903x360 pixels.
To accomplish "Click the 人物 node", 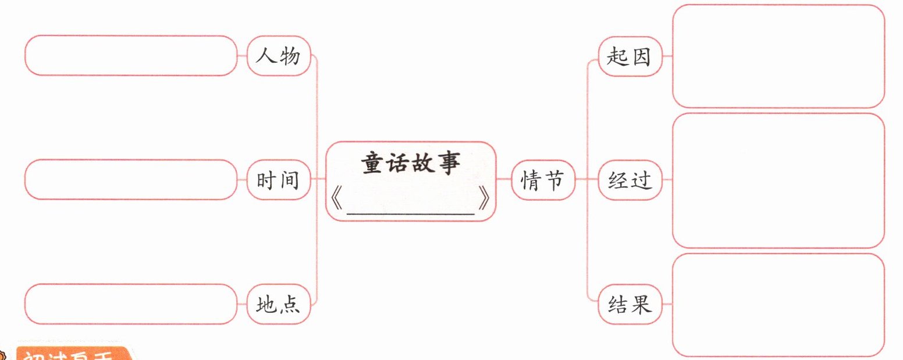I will [x=279, y=56].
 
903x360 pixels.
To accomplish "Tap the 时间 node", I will [x=279, y=180].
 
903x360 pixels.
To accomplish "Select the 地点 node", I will [x=279, y=304].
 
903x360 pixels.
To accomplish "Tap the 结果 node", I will [x=630, y=304].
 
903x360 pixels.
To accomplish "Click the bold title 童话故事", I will [x=411, y=164].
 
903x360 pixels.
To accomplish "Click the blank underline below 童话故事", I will [x=411, y=214].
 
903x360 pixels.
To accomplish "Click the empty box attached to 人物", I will [x=131, y=56].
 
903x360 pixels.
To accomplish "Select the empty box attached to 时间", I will [x=131, y=180].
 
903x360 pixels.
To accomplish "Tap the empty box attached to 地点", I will [x=131, y=304].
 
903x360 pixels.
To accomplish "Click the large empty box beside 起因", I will [x=778, y=56].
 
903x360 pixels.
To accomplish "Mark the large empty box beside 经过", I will [x=778, y=180].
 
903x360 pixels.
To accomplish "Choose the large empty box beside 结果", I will [x=778, y=304].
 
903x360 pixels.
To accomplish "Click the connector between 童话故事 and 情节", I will [x=504, y=180].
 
